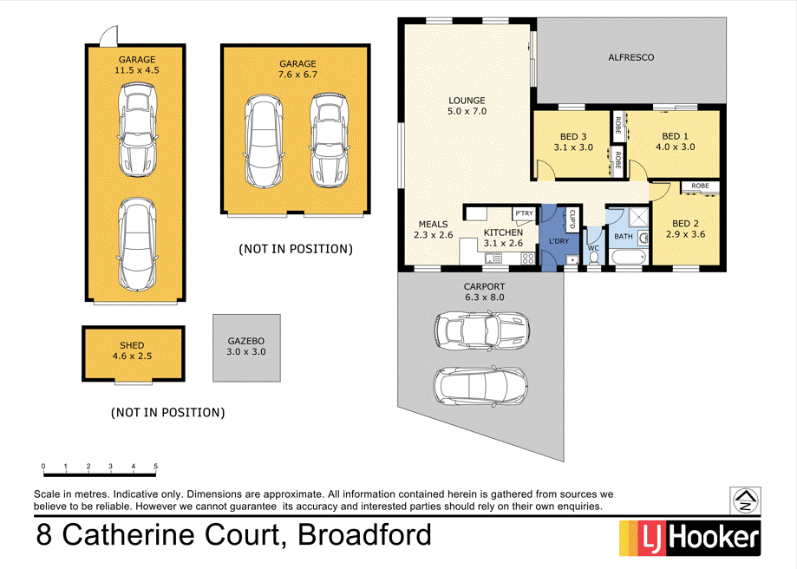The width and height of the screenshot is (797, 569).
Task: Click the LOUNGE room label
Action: click(467, 100)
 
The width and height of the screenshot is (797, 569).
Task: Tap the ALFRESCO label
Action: click(630, 57)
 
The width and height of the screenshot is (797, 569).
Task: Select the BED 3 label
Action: click(573, 136)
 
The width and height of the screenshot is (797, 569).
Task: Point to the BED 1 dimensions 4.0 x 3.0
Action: click(676, 147)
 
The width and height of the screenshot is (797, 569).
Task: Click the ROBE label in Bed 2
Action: click(700, 186)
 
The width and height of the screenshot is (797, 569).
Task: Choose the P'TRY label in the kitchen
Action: click(524, 213)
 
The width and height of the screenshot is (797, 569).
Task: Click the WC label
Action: click(593, 248)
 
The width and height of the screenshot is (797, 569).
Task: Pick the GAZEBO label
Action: click(246, 342)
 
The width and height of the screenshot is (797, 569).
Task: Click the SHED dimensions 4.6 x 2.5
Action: click(133, 356)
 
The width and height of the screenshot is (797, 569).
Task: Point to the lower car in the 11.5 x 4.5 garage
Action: click(138, 245)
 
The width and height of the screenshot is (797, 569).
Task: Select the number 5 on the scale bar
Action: click(155, 468)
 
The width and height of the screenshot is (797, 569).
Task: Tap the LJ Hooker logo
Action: click(689, 537)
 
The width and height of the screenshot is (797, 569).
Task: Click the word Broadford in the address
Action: click(364, 534)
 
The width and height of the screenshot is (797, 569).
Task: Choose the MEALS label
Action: click(433, 224)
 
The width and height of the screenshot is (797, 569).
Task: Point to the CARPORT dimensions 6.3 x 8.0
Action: click(483, 298)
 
